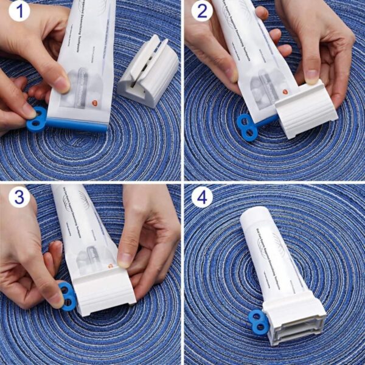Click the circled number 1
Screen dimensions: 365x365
[x=19, y=10]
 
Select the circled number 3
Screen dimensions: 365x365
[x=19, y=197]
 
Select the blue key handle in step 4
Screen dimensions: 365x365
[x=260, y=322]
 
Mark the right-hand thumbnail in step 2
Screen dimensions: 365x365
[x=312, y=77]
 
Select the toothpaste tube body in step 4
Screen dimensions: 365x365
[x=271, y=262]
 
